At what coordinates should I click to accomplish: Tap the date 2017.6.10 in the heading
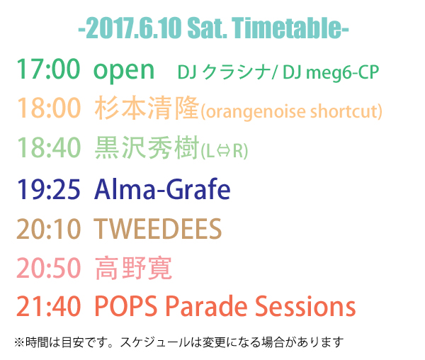[x=134, y=28]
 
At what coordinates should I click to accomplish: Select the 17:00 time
[x=48, y=69]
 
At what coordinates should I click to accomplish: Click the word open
[x=124, y=72]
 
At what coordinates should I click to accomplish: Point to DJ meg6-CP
[x=331, y=73]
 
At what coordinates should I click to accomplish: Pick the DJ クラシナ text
[x=224, y=72]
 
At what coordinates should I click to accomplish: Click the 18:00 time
[x=49, y=108]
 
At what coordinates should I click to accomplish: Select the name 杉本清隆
[x=147, y=108]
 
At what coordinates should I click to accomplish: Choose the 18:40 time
[x=49, y=147]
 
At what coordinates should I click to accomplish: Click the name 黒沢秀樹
[x=147, y=147]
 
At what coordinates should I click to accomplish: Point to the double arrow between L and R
[x=224, y=151]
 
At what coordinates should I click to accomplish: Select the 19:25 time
[x=48, y=189]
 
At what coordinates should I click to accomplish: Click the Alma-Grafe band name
[x=162, y=189]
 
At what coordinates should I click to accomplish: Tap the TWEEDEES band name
[x=158, y=229]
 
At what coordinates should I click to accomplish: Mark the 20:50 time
[x=49, y=268]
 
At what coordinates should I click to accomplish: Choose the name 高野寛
[x=133, y=268]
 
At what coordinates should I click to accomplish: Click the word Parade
[x=206, y=306]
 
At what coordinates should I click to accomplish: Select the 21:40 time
[x=49, y=306]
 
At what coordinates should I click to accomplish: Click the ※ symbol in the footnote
[x=19, y=342]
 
